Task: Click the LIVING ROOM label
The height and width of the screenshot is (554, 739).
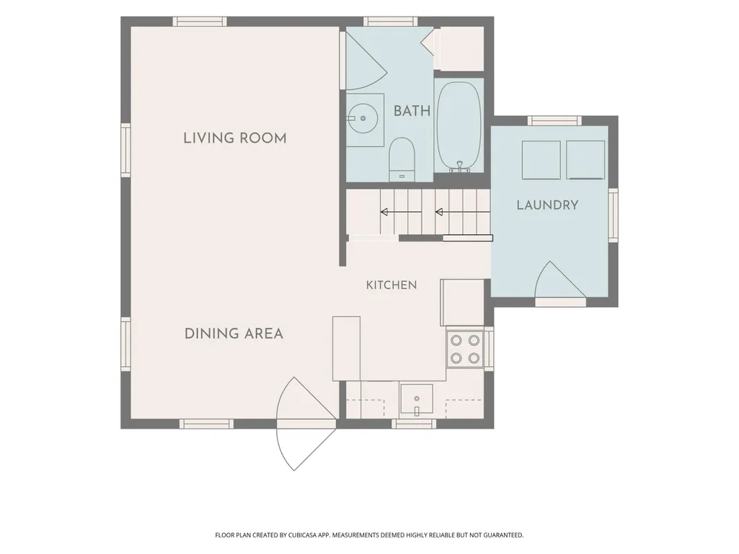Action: coord(235,138)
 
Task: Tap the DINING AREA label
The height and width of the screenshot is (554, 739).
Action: coord(234,334)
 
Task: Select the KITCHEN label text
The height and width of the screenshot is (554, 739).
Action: coord(391,285)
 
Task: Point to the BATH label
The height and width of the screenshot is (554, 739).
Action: coord(412,111)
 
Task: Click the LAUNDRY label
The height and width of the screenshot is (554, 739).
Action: coord(548,205)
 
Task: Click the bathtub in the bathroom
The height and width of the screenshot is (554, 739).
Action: coord(459,126)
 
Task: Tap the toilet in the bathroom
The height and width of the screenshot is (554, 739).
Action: coord(402,158)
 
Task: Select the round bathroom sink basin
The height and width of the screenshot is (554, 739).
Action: coord(363,118)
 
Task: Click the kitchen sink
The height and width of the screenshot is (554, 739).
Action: coord(417,398)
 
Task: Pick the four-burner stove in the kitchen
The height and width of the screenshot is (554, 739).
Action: coord(465,349)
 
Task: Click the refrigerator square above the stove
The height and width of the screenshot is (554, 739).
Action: coord(462,302)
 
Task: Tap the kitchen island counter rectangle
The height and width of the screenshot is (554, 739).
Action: coord(346,349)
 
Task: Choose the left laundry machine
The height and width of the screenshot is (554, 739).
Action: coord(541,160)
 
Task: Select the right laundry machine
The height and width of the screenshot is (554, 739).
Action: coord(585,160)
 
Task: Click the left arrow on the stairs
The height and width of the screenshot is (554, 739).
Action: coord(401,212)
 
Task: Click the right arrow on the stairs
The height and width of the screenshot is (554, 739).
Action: coord(462,212)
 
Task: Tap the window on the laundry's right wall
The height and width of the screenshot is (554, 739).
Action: coord(613,215)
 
